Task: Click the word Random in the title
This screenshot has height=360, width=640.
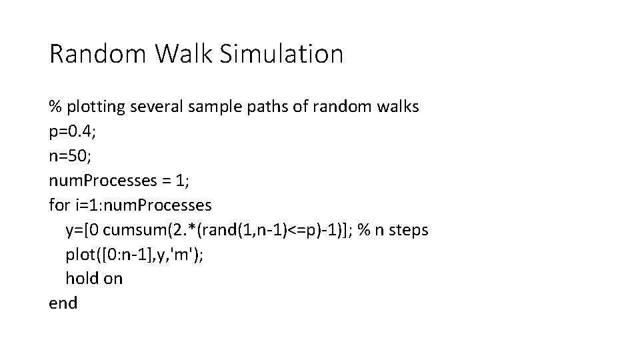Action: pos(97,53)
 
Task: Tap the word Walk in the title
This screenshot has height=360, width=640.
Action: pos(184,53)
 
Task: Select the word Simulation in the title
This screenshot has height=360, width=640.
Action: pos(281,53)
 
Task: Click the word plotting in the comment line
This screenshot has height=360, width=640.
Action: pos(96,107)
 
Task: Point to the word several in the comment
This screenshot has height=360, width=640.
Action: pos(156,107)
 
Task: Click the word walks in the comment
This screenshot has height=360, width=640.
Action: pos(397,106)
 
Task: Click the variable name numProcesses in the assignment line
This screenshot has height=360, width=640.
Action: pos(103,181)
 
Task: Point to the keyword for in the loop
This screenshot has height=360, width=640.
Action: pos(59,205)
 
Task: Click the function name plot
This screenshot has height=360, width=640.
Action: pos(81,255)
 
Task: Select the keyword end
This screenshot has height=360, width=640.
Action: pos(63,303)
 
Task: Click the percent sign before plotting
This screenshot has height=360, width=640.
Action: pos(55,107)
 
